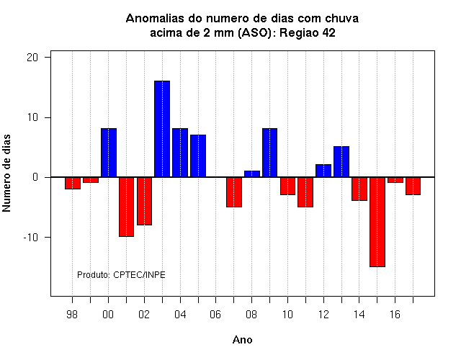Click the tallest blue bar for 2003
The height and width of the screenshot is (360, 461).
point(162,129)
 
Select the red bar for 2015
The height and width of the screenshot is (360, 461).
point(377,222)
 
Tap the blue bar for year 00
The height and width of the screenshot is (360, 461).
point(109,153)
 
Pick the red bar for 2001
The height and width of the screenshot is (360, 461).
point(127,207)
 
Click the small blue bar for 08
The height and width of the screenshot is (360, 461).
point(252,174)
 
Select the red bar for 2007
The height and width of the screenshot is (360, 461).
point(234,192)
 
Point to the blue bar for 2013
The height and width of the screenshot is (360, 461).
point(341,161)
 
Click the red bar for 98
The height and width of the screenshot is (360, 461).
point(73,183)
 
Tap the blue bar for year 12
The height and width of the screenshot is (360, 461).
point(323,171)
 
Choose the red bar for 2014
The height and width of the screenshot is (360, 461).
point(359,189)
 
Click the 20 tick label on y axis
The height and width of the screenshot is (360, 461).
point(32,58)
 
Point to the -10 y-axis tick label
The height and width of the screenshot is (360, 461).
point(31,237)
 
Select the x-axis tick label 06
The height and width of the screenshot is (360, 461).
point(215,315)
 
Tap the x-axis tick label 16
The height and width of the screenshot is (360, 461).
point(395,315)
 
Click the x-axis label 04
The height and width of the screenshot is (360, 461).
point(180,315)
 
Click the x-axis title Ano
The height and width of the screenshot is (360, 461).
point(242,340)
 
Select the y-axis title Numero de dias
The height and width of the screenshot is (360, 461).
point(6,173)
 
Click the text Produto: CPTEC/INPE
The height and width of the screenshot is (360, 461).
point(121,275)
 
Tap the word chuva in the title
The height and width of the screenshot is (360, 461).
point(341,19)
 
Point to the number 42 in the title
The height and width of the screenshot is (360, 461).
point(328,33)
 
